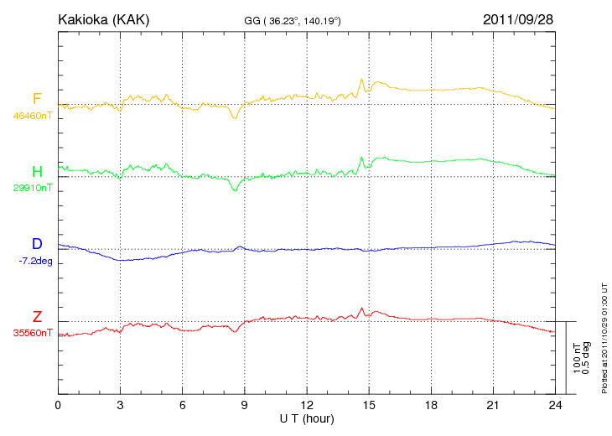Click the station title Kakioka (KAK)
pyautogui.click(x=103, y=18)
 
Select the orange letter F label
pyautogui.click(x=37, y=100)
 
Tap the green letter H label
pyautogui.click(x=37, y=172)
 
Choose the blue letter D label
pyautogui.click(x=37, y=244)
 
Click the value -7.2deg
pyautogui.click(x=34, y=260)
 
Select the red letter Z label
pyautogui.click(x=37, y=317)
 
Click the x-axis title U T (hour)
pyautogui.click(x=307, y=418)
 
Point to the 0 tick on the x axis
pyautogui.click(x=58, y=405)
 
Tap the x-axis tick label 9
pyautogui.click(x=245, y=405)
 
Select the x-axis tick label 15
pyautogui.click(x=369, y=405)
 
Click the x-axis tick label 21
pyautogui.click(x=493, y=405)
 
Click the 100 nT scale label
pyautogui.click(x=576, y=358)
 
